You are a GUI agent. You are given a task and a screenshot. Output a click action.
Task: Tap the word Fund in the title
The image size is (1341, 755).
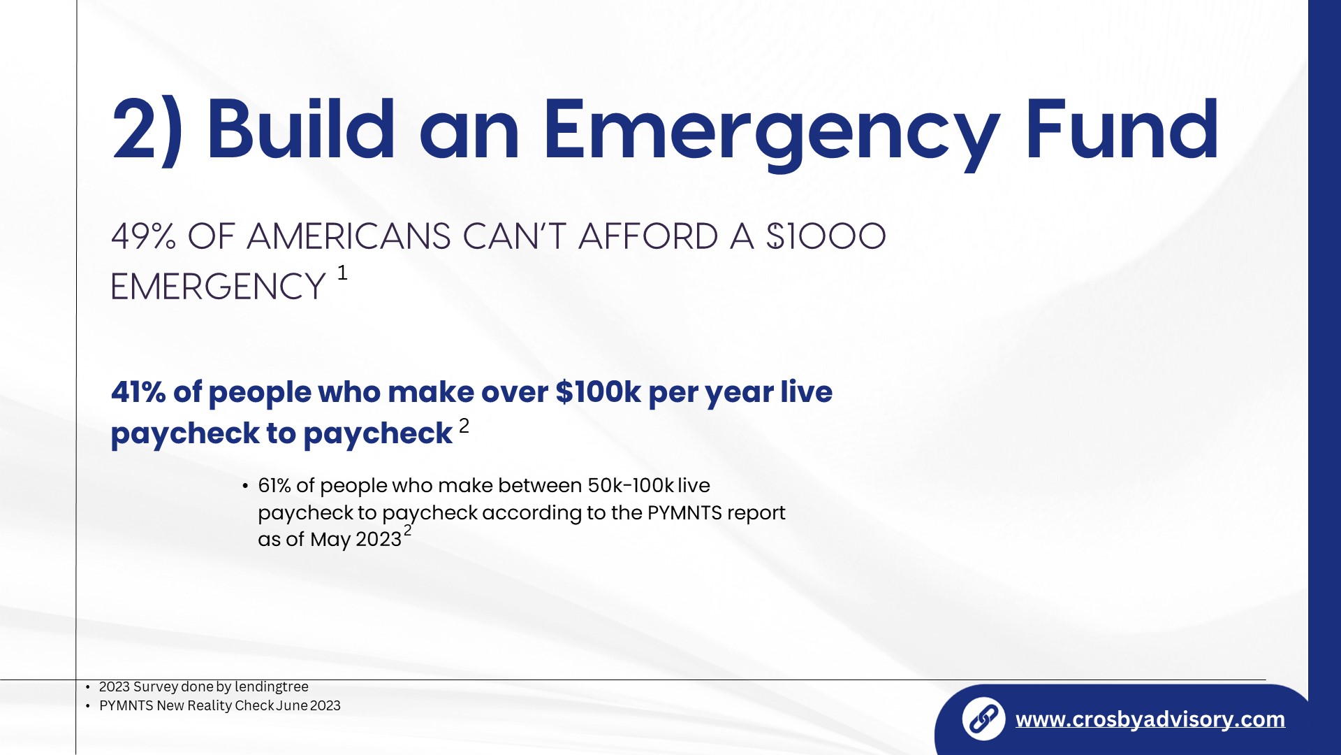click(x=1122, y=129)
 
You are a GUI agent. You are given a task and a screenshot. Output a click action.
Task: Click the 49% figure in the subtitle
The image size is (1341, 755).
click(x=143, y=236)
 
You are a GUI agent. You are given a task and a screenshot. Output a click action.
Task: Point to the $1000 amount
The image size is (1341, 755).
click(x=826, y=236)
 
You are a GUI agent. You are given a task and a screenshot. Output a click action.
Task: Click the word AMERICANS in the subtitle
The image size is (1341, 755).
click(x=349, y=236)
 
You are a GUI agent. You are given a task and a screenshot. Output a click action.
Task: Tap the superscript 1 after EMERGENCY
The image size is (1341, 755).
click(x=342, y=273)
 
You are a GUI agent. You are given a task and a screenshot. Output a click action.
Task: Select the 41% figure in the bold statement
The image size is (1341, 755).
click(x=138, y=392)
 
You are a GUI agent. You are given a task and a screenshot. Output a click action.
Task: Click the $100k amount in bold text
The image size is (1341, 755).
click(x=598, y=392)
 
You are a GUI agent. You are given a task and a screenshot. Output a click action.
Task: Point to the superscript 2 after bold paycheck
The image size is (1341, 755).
click(x=464, y=426)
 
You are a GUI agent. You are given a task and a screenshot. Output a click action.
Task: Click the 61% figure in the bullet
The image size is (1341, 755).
click(x=274, y=485)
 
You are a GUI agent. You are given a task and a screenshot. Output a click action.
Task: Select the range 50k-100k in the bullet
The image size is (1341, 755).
click(x=631, y=485)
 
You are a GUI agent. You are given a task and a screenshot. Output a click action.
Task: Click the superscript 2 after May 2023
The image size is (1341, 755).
click(x=408, y=531)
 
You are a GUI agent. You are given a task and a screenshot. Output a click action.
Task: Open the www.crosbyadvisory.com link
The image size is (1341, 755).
click(x=1150, y=719)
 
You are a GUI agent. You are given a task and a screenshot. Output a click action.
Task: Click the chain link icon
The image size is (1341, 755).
click(x=983, y=719)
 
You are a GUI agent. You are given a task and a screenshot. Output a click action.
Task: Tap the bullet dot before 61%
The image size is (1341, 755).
click(x=245, y=486)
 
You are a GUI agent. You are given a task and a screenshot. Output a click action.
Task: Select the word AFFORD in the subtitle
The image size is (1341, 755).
click(x=648, y=236)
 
